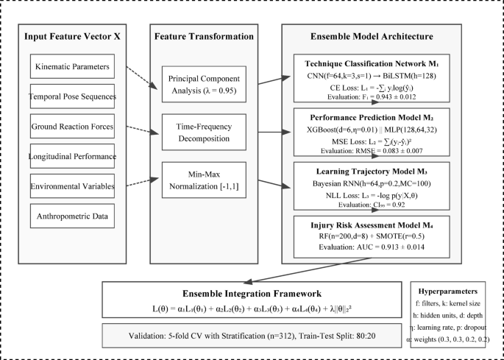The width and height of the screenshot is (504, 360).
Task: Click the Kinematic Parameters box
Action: (73, 68)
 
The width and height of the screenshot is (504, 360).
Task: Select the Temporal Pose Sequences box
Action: (73, 97)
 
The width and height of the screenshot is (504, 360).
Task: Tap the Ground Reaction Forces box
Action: (73, 126)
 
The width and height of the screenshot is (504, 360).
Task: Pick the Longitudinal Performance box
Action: (73, 156)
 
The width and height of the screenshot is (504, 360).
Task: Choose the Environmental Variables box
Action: (73, 186)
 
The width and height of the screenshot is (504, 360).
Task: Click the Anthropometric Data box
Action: (73, 216)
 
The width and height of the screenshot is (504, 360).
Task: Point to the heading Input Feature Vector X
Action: (72, 36)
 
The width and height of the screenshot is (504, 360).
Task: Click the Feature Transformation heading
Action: (203, 36)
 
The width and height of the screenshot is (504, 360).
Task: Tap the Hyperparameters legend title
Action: (455, 291)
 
